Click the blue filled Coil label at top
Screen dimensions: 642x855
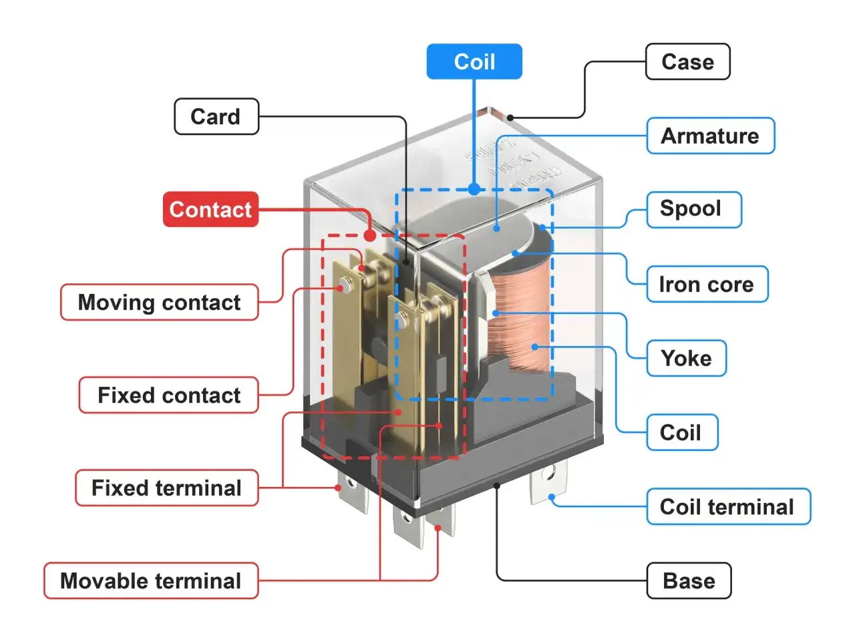[x=474, y=61]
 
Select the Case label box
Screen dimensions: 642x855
[x=687, y=61]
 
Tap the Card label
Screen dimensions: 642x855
[x=216, y=116]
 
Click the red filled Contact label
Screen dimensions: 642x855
[x=210, y=209]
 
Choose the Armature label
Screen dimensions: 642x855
[x=710, y=136]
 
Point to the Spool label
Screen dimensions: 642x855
[x=693, y=209]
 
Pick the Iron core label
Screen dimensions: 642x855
[x=707, y=284]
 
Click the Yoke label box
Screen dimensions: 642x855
[x=686, y=358]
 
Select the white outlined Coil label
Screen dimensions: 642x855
[x=681, y=432]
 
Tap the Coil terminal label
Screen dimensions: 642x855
[x=727, y=506]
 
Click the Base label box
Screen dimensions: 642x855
[x=689, y=581]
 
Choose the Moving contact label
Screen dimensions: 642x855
[x=159, y=302]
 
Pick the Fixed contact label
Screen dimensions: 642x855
[x=168, y=395]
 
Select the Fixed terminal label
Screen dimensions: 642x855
[x=166, y=488]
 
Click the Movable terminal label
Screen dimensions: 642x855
[x=151, y=581]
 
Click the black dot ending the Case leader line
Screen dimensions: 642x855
[x=510, y=118]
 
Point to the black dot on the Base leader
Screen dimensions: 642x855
[x=497, y=486]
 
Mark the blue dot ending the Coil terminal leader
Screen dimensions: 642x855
[x=552, y=497]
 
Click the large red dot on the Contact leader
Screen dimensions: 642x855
[x=370, y=235]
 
